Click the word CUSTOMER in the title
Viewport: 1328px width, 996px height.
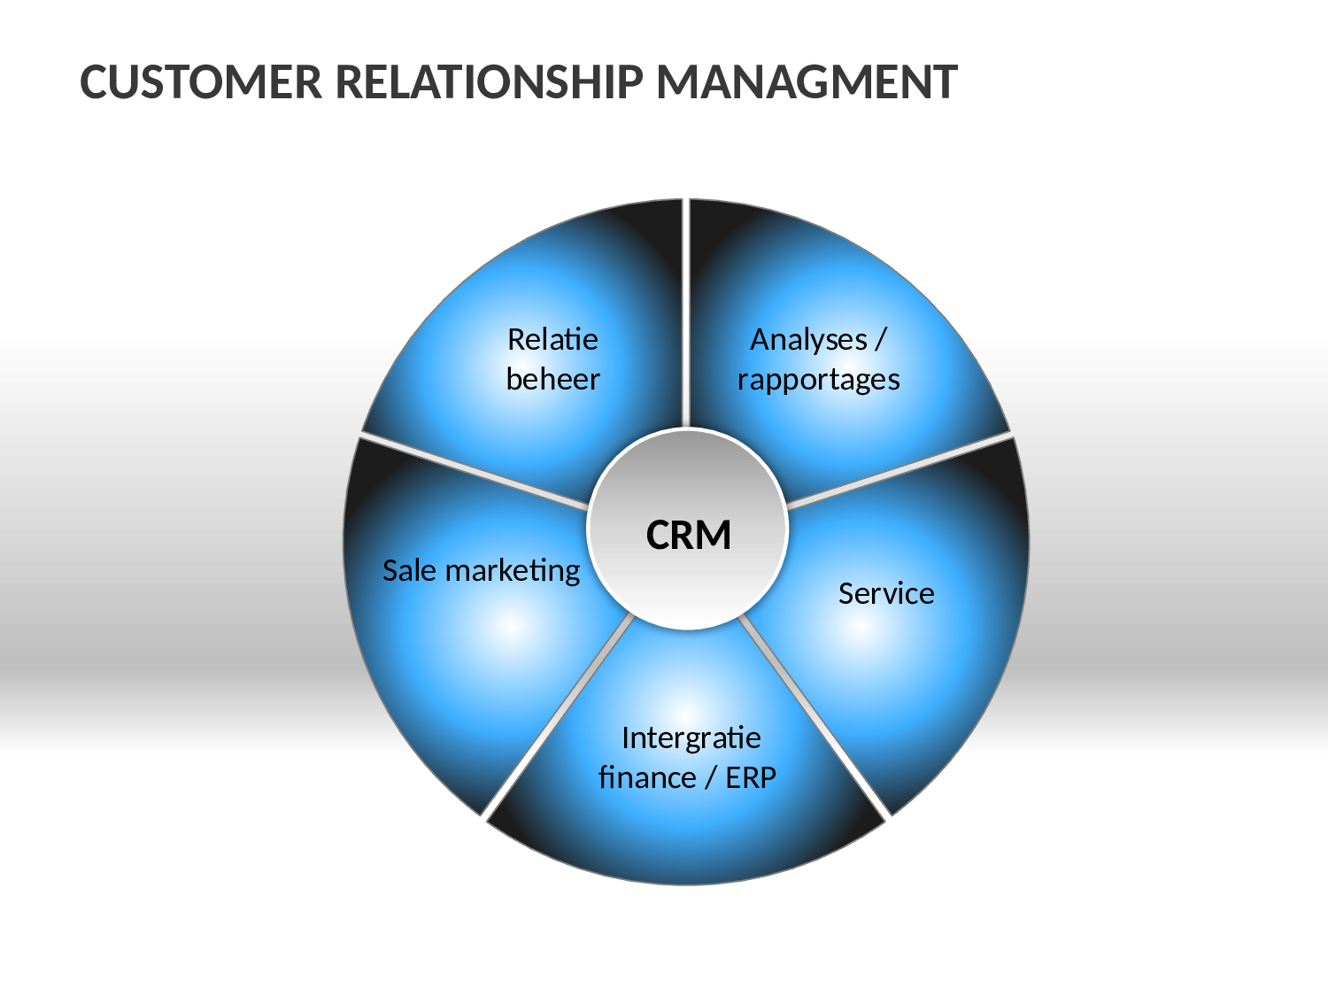(x=201, y=82)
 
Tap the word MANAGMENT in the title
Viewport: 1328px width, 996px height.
(x=807, y=82)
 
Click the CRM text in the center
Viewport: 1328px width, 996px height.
(x=689, y=535)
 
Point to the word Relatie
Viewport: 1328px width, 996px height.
(x=553, y=339)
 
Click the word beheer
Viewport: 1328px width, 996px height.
(x=553, y=379)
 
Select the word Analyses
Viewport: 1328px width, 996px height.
(x=808, y=340)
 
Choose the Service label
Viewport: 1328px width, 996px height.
(x=886, y=593)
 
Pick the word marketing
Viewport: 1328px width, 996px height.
(x=513, y=571)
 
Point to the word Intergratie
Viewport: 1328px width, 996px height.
(x=691, y=738)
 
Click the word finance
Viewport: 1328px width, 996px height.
(x=647, y=777)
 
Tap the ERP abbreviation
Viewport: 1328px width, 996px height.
(x=751, y=777)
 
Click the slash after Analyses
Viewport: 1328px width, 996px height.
(x=880, y=341)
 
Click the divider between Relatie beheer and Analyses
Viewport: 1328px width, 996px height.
(x=686, y=313)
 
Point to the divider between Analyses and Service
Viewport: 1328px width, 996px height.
(x=899, y=470)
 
